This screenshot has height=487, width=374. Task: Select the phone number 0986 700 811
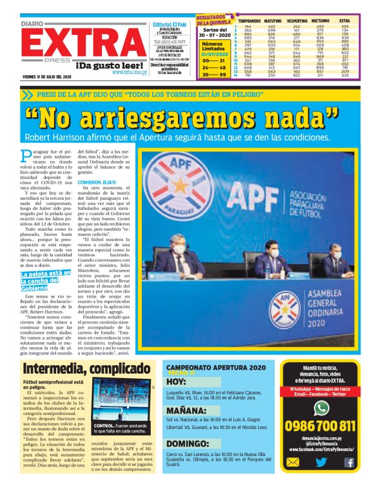[320, 426]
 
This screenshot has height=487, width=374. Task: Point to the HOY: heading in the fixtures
[175, 381]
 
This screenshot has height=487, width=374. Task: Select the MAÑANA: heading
[186, 410]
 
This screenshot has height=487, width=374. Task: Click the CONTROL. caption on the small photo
[104, 426]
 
